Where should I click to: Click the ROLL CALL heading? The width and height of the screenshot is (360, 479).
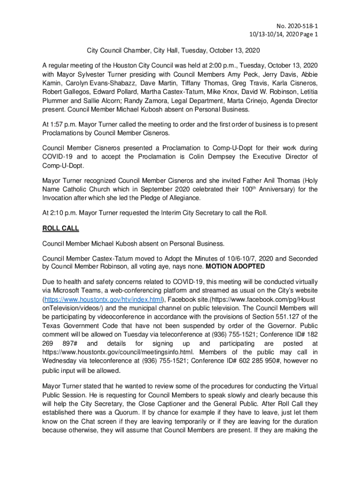click(x=61, y=228)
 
